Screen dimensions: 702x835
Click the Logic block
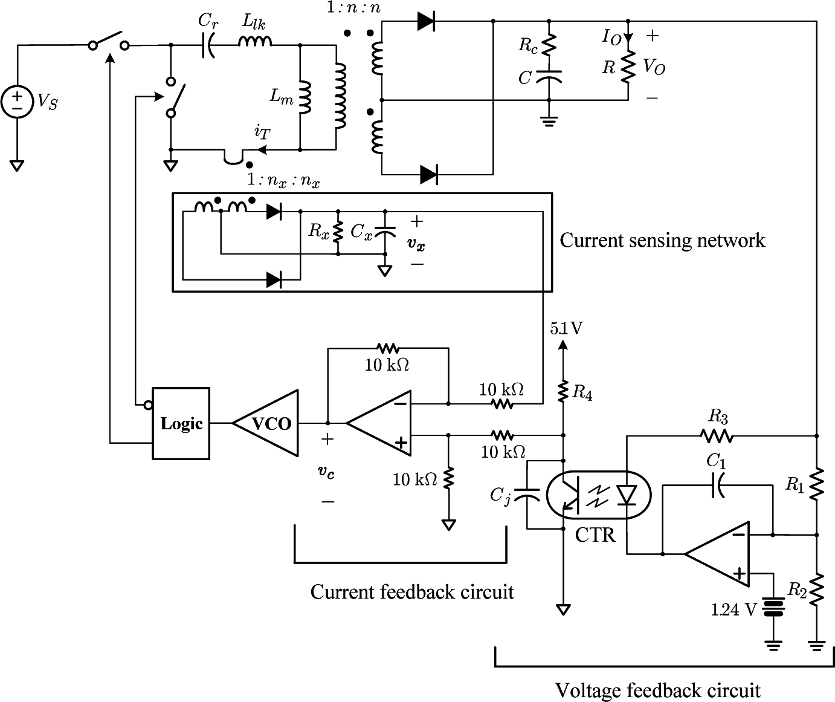[181, 423]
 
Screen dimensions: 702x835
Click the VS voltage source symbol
[17, 101]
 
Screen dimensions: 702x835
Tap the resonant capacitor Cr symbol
[208, 45]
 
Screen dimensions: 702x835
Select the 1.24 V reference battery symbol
[773, 608]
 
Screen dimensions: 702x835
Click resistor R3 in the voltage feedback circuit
[717, 435]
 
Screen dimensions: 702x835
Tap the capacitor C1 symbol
[718, 485]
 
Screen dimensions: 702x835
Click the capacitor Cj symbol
[527, 496]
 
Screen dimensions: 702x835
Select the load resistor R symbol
[628, 66]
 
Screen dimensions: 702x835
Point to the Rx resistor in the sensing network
[338, 231]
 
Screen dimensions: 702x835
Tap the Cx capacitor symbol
[384, 231]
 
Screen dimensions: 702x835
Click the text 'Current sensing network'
[662, 241]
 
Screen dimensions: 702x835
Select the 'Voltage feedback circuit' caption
[657, 690]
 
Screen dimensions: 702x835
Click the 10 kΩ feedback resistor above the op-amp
[388, 348]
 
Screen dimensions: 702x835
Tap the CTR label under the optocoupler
[595, 535]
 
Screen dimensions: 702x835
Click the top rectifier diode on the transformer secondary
[426, 22]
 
